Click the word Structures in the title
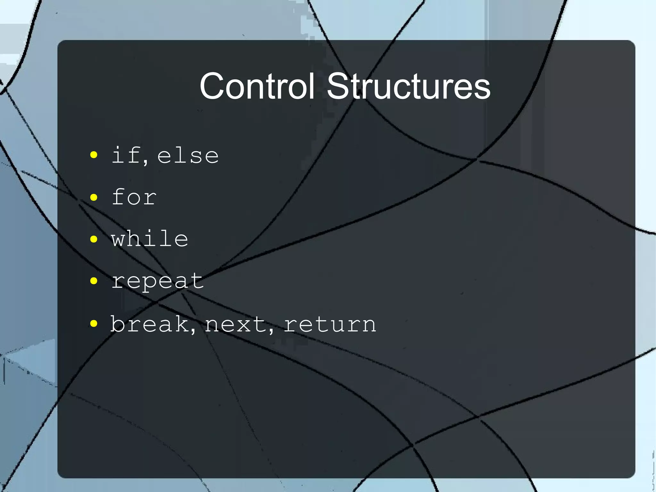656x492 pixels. coord(408,86)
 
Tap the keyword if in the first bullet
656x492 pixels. coord(125,155)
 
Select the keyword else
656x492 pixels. coord(188,156)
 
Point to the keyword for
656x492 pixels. coord(134,197)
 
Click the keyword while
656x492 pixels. coord(150,239)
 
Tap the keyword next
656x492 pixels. coord(235,324)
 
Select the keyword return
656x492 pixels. coord(330,324)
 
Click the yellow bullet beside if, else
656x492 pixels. coord(94,155)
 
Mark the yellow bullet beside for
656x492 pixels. coord(94,197)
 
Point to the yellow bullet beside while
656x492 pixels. coord(94,239)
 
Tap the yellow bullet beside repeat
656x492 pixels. coord(94,281)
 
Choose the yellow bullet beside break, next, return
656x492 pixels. coord(94,323)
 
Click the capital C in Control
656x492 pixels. coord(212,86)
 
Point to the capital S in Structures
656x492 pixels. coord(338,86)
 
